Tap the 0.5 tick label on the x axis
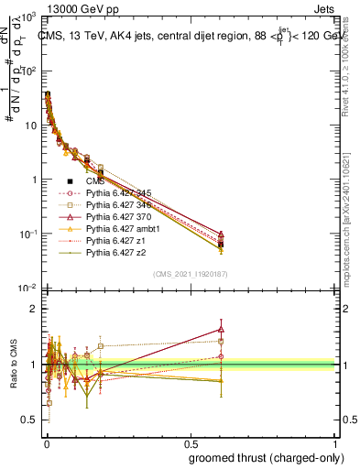coord(190,442)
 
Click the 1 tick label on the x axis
coord(335,442)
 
